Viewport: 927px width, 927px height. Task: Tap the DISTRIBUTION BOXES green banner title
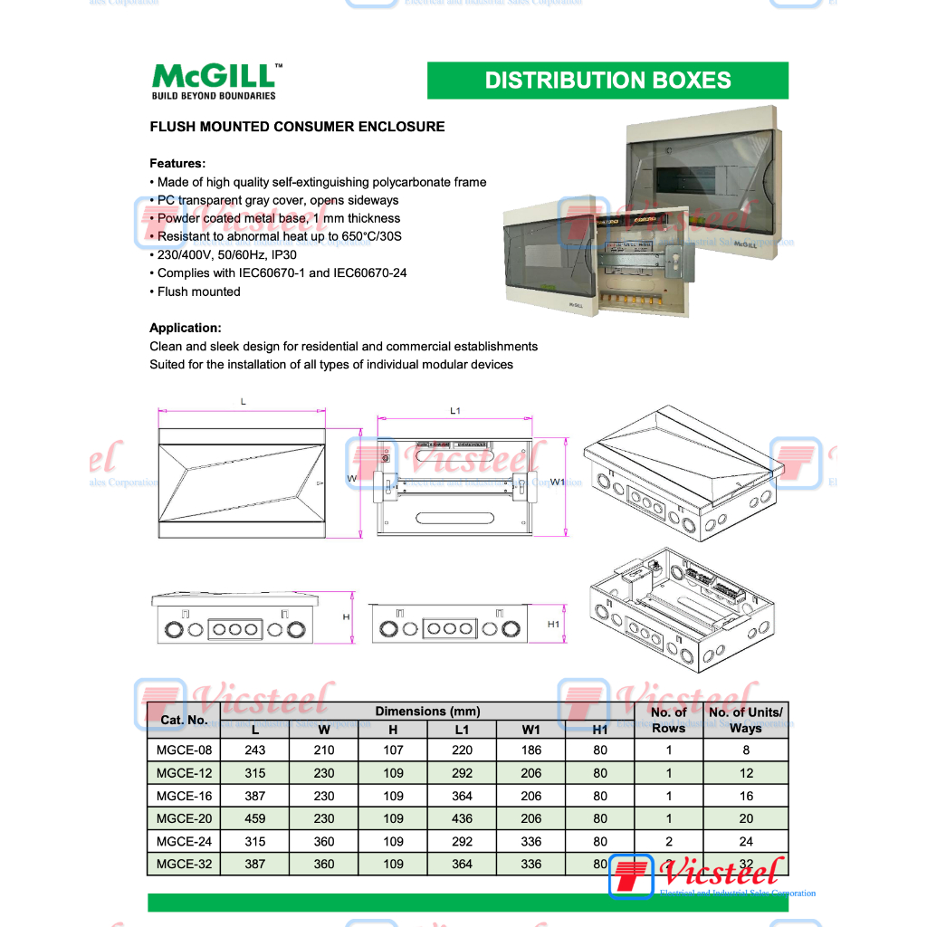(x=607, y=81)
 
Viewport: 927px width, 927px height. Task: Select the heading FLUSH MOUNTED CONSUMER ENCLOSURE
(x=297, y=127)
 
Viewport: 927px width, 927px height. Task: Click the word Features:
(x=177, y=164)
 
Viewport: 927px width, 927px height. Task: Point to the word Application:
(x=186, y=328)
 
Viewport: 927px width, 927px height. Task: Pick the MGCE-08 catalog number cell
(x=184, y=750)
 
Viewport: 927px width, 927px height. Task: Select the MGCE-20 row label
(x=184, y=818)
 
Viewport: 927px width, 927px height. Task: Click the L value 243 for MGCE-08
(x=255, y=750)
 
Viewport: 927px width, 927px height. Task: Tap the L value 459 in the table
(x=255, y=818)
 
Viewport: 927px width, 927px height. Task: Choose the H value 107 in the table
(x=393, y=750)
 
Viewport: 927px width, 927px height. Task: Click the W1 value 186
(x=531, y=750)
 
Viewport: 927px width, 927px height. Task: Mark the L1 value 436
(x=462, y=818)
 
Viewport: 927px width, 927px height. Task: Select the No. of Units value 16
(x=746, y=796)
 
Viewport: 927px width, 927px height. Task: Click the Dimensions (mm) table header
(x=427, y=712)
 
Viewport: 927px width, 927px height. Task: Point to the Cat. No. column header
(x=184, y=721)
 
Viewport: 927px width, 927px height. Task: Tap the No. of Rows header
(x=669, y=720)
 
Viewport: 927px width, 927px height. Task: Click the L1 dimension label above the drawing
(x=455, y=411)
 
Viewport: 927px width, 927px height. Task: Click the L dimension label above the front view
(x=243, y=401)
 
